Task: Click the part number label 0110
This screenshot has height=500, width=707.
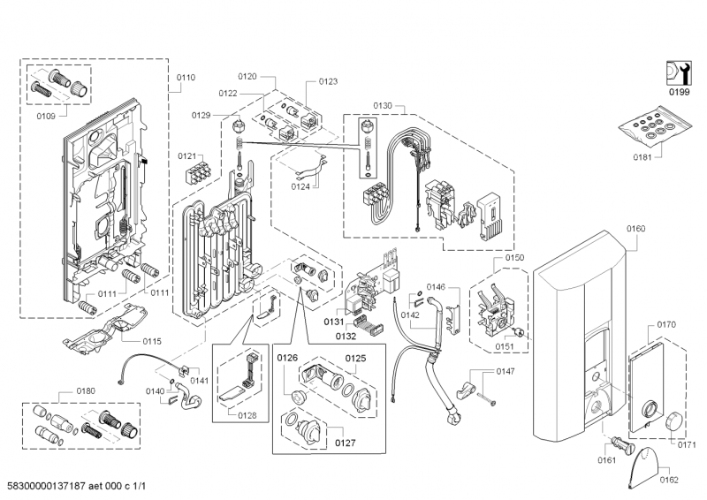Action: coord(186,79)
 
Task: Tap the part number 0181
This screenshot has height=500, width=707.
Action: coord(642,158)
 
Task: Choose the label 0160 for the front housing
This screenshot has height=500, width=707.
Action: coord(635,228)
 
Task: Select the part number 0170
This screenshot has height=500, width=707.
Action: coord(666,325)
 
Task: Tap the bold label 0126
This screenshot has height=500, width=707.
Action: coord(287,358)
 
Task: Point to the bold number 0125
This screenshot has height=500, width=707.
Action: coord(355,358)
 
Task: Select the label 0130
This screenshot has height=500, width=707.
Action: coord(382,106)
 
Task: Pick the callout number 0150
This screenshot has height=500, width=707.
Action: coord(514,257)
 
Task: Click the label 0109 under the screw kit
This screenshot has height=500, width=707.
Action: coord(46,116)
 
